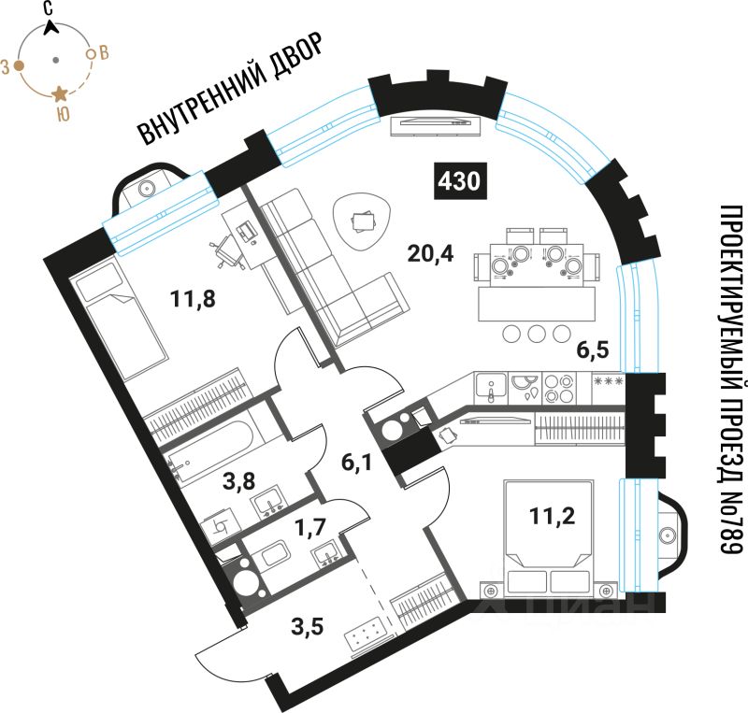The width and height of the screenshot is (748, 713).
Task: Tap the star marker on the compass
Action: tap(60, 93)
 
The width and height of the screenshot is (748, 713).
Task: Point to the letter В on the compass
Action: tap(104, 52)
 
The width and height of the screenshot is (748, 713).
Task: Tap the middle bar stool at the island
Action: tap(538, 334)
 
